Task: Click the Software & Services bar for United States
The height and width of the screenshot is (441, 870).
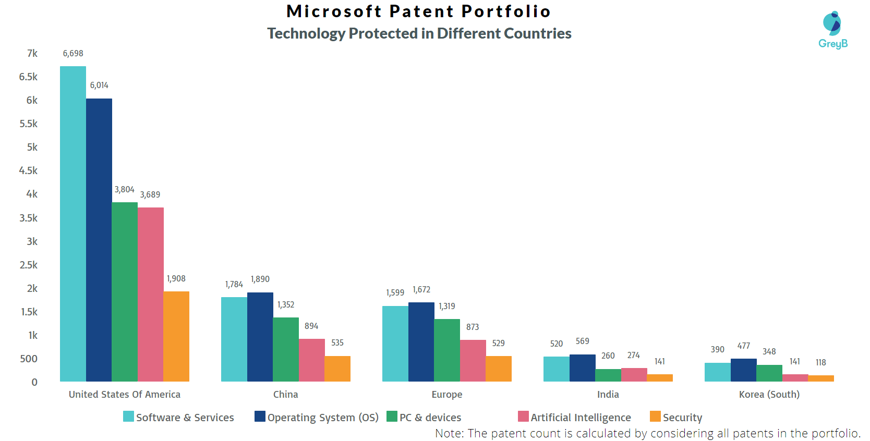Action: (x=73, y=224)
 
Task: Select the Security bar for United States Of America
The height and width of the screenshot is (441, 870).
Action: (x=176, y=337)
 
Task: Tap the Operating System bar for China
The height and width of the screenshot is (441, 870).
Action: (x=260, y=337)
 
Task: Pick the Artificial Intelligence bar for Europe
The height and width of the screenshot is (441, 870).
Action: (x=473, y=361)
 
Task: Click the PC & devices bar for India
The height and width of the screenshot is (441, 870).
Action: (x=608, y=375)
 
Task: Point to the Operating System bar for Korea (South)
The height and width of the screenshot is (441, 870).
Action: (x=743, y=370)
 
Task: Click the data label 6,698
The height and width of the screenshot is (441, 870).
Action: (x=73, y=53)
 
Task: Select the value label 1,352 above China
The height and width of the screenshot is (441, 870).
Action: (x=286, y=304)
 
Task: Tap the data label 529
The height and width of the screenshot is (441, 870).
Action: (x=498, y=343)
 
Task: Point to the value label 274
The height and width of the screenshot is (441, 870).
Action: (x=633, y=355)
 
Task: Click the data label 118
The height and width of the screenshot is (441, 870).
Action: (x=820, y=362)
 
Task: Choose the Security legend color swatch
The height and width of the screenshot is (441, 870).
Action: (x=655, y=416)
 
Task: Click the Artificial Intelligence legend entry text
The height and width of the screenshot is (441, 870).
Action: (x=581, y=418)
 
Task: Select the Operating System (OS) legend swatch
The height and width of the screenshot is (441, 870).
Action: (x=260, y=416)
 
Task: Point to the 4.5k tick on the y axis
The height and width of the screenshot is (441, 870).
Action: (x=29, y=170)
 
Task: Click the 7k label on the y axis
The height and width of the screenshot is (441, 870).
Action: (x=32, y=53)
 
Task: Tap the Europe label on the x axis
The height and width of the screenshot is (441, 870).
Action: (x=447, y=394)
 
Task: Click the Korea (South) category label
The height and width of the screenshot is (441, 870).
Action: (x=769, y=394)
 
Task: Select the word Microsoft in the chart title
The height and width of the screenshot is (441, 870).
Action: (x=334, y=11)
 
